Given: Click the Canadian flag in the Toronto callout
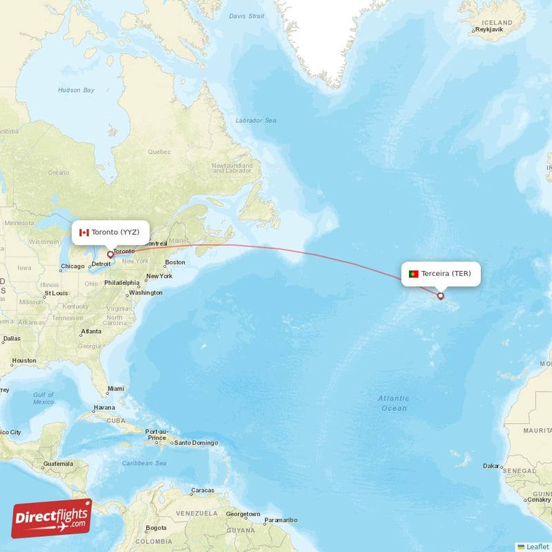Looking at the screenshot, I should click(x=84, y=233).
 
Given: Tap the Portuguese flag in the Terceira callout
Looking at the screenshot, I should click(x=413, y=274).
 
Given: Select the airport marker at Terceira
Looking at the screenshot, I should click(x=441, y=296).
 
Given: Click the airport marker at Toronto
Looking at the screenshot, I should click(x=110, y=255).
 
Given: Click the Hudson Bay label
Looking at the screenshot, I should click(x=77, y=90).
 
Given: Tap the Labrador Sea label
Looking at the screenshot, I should click(x=256, y=121).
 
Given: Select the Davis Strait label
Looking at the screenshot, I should click(x=247, y=16).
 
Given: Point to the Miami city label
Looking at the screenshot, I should click(x=116, y=389).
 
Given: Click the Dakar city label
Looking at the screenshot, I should click(x=491, y=466).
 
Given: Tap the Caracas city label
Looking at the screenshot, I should click(x=202, y=491).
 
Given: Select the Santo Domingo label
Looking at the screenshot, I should click(x=196, y=443).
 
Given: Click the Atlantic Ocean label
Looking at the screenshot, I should click(x=393, y=403).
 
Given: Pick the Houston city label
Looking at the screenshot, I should click(x=24, y=361).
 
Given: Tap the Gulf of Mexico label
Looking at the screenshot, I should click(x=43, y=398).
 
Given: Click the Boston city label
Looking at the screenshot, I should click(x=175, y=262).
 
